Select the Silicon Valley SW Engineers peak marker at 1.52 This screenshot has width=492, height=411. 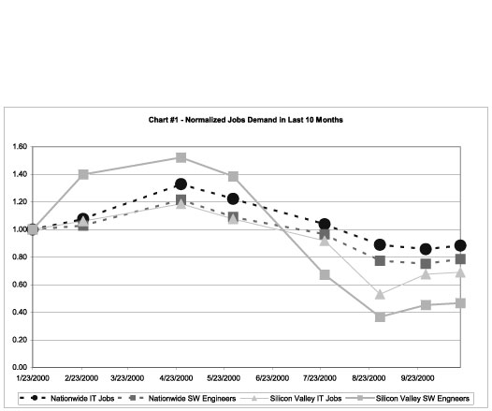(181, 157)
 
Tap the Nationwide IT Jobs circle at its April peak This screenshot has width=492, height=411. (181, 184)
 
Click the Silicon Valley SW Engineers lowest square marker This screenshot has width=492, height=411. (380, 317)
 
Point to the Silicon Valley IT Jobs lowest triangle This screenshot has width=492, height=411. (380, 295)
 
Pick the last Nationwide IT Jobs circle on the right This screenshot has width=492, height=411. (460, 245)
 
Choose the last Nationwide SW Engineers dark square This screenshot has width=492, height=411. (460, 259)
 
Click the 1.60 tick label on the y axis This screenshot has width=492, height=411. (20, 147)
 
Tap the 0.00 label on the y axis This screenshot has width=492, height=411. (20, 367)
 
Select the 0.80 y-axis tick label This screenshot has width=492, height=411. (20, 257)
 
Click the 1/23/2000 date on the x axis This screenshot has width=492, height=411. (33, 378)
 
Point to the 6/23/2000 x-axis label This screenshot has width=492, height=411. (272, 378)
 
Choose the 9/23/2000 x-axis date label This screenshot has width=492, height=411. (417, 378)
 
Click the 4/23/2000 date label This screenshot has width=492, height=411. (176, 378)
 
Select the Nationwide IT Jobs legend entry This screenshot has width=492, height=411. (67, 399)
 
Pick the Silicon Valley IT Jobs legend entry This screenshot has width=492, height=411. (291, 399)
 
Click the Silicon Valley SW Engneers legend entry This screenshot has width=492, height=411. (408, 399)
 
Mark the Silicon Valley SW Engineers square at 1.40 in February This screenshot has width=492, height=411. (83, 174)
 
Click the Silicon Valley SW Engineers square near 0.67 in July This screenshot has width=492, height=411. (325, 274)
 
